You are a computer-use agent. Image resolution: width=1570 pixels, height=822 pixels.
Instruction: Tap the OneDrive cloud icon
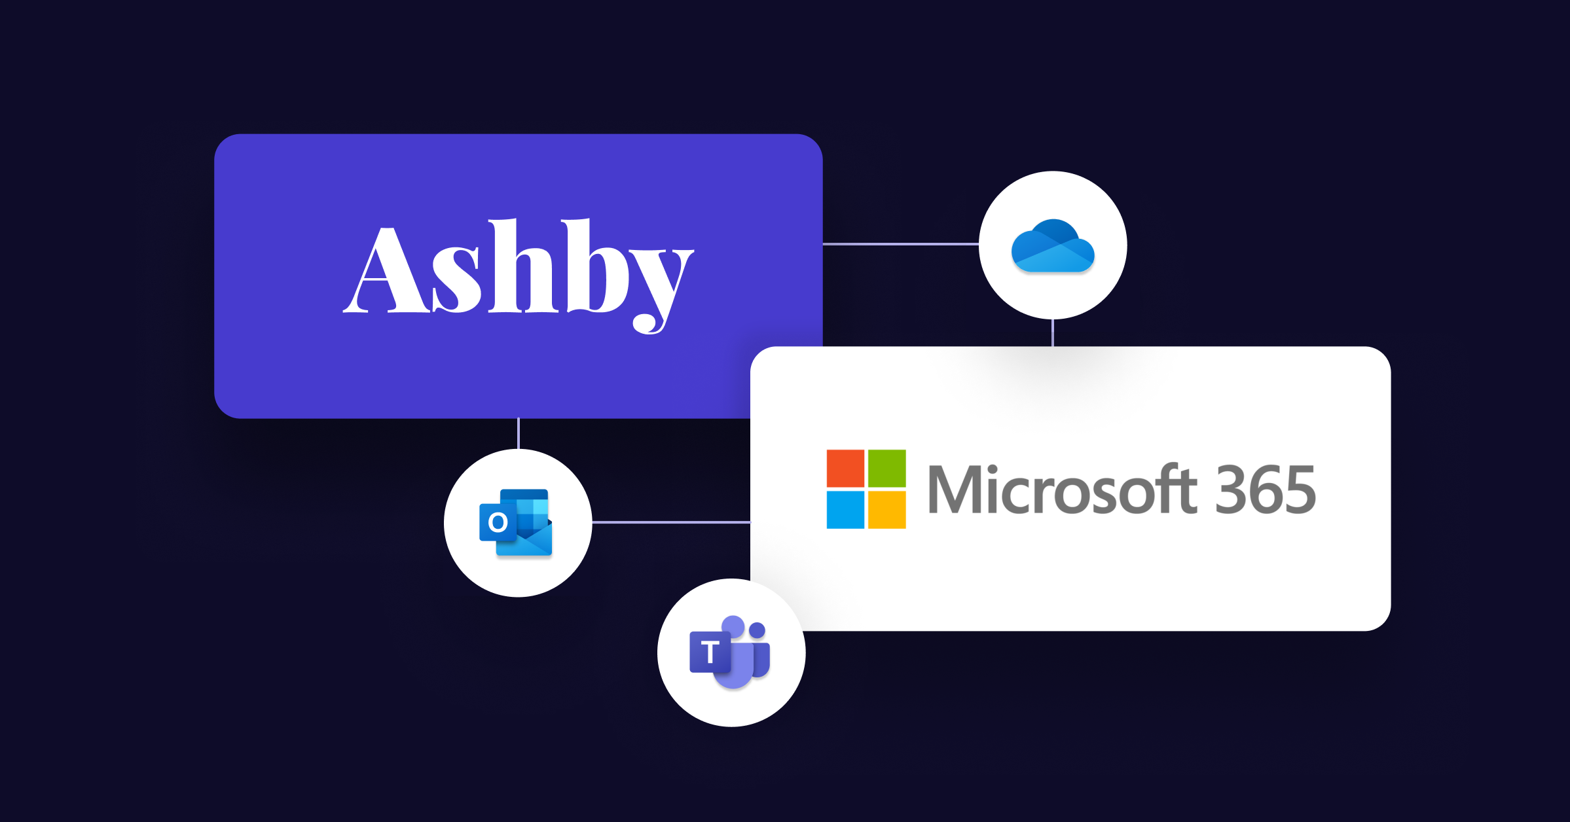click(x=1053, y=247)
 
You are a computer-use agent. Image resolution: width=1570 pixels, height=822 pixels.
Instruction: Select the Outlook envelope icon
click(x=517, y=523)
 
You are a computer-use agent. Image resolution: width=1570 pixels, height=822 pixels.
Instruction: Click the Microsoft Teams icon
click(x=731, y=652)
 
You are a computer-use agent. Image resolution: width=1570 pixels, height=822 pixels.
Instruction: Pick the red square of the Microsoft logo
click(x=845, y=468)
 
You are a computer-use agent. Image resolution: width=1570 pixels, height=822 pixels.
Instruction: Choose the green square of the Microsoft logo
click(x=886, y=468)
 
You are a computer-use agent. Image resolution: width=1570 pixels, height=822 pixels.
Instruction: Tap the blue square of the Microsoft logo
click(x=845, y=509)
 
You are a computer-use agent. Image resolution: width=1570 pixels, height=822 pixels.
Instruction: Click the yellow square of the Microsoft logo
click(x=886, y=509)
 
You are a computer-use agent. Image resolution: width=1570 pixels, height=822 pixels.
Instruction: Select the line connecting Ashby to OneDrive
click(x=900, y=244)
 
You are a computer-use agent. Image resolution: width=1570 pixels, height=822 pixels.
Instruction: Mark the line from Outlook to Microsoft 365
click(x=671, y=522)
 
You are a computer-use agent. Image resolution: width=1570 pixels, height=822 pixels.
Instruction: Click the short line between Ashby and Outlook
click(x=519, y=433)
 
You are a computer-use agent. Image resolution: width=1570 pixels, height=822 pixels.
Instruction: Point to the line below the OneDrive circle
click(x=1053, y=332)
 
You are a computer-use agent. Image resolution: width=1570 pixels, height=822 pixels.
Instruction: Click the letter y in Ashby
click(x=661, y=288)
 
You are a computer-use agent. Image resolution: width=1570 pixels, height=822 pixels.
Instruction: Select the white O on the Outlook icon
click(x=498, y=522)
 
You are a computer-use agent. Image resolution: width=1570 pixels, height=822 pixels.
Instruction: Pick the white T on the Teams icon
click(x=710, y=652)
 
